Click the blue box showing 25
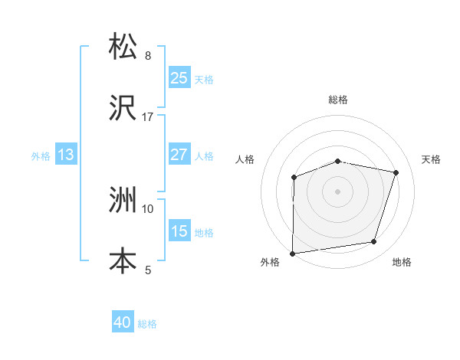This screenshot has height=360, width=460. click(179, 78)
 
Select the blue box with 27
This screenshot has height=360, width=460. click(179, 155)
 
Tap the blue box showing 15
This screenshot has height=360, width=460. click(179, 231)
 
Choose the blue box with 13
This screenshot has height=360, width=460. click(66, 155)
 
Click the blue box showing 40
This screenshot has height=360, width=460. click(123, 323)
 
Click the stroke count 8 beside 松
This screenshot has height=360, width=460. click(148, 56)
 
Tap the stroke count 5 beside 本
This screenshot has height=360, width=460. click(148, 270)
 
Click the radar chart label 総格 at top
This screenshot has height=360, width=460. click(338, 100)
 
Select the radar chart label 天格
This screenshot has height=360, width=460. click(431, 159)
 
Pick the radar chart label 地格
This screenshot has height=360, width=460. click(402, 263)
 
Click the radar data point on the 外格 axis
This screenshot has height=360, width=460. click(293, 253)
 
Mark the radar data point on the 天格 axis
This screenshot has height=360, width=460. click(396, 173)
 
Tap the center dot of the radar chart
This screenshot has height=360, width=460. click(338, 191)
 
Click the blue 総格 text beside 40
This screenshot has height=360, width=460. click(147, 324)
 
